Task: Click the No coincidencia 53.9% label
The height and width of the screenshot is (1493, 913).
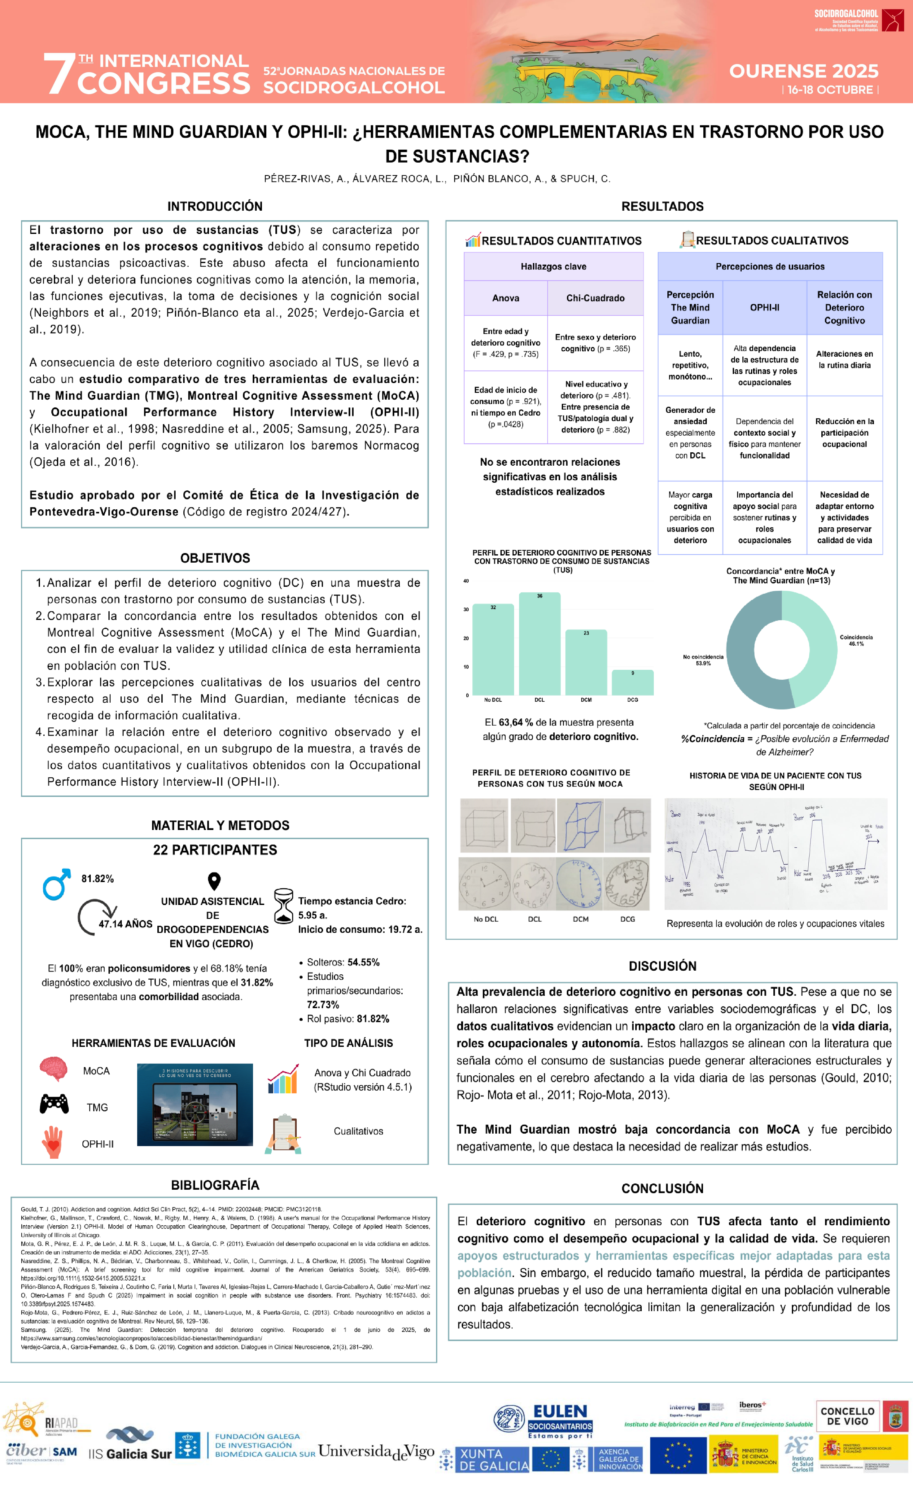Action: [703, 660]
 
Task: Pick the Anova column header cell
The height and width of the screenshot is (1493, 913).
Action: [505, 298]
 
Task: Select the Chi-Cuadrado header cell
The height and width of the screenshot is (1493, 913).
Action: [595, 298]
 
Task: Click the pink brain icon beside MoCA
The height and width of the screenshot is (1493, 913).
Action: [53, 1069]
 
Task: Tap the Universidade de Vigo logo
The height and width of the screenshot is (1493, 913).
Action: [376, 1452]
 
